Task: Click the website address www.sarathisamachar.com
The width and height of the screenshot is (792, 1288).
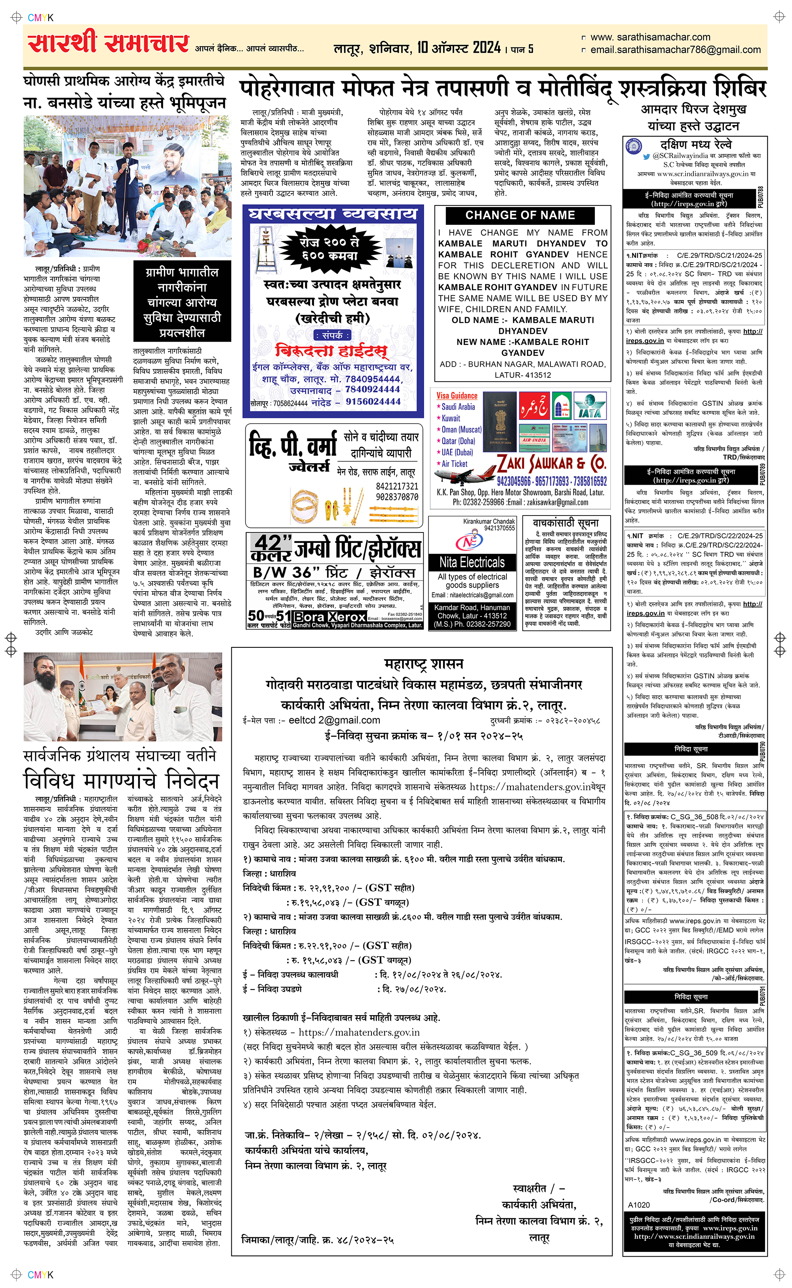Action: click(650, 37)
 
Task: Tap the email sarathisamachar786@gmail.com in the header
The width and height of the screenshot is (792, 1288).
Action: click(675, 50)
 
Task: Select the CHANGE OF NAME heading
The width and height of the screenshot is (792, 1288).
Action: click(520, 215)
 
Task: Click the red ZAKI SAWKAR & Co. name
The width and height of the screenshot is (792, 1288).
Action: click(551, 463)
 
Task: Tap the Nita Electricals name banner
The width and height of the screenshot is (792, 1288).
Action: click(472, 562)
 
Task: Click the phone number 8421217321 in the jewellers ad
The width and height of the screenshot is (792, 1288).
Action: click(396, 486)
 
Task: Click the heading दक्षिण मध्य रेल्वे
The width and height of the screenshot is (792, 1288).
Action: click(696, 145)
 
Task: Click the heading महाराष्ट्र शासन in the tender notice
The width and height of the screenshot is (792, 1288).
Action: click(423, 664)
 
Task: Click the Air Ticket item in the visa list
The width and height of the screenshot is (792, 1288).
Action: click(454, 464)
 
